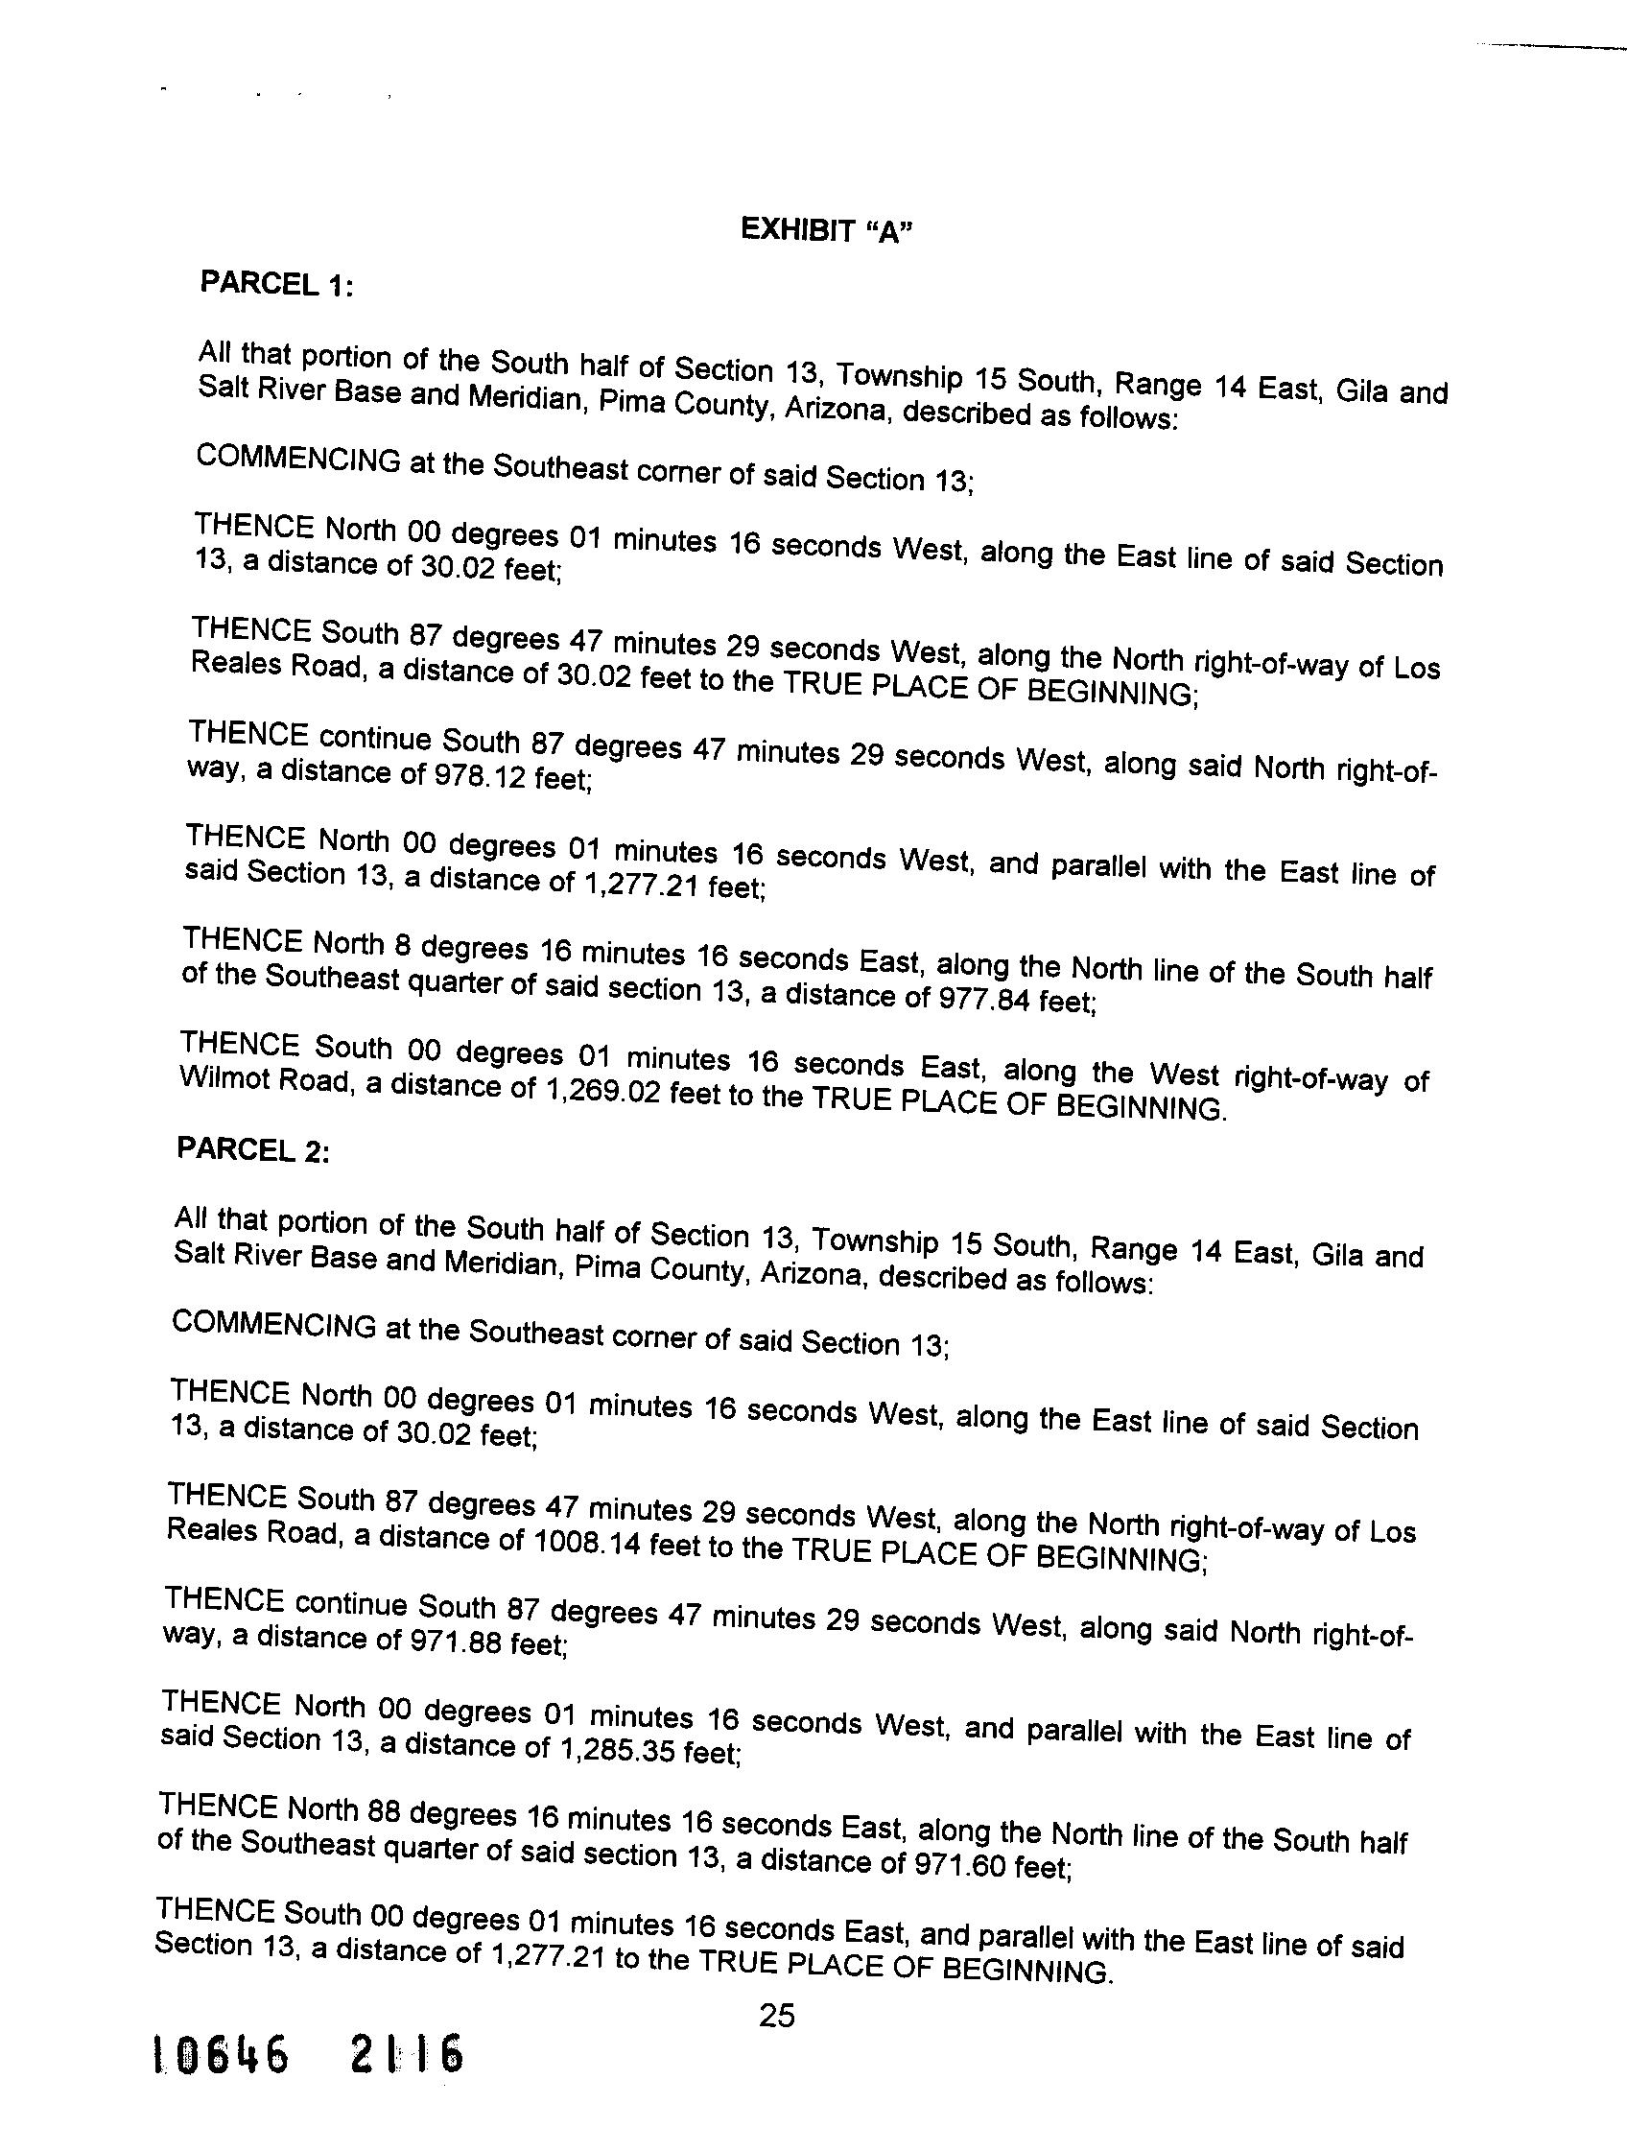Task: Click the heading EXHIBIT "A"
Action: pyautogui.click(x=827, y=230)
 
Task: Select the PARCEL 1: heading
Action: pyautogui.click(x=275, y=284)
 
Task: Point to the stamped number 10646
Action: pyautogui.click(x=222, y=2083)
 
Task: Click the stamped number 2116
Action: pyautogui.click(x=405, y=2081)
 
